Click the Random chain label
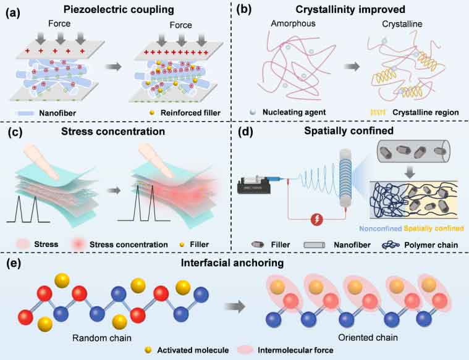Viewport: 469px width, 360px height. (92, 338)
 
